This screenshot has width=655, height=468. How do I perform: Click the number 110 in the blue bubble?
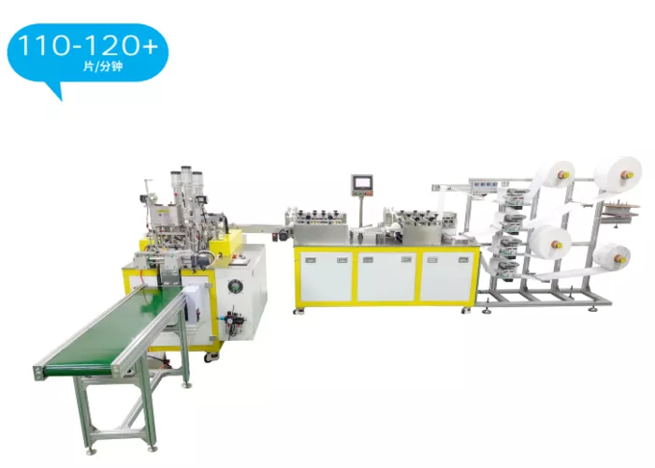coord(43,45)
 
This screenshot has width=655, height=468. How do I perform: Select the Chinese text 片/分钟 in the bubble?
coord(103,66)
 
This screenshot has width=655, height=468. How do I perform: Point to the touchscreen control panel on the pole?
coord(362,185)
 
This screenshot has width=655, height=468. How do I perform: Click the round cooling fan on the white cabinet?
coord(236,287)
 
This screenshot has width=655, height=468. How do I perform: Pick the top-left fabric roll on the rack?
coord(558,174)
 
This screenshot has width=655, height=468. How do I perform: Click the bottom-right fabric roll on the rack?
coord(612,257)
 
